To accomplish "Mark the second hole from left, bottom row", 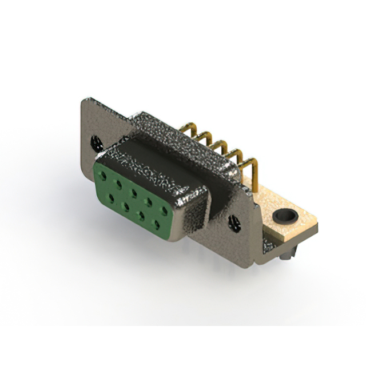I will [x=126, y=205].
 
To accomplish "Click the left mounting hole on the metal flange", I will [x=95, y=139].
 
